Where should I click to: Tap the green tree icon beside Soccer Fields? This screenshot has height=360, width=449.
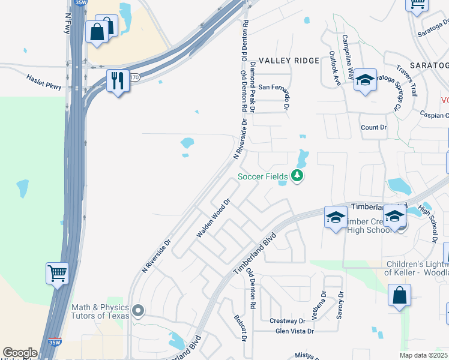[x=297, y=176]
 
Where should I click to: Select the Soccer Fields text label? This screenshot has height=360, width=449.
[x=263, y=176]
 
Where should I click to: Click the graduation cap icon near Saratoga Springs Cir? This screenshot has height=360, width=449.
[x=364, y=80]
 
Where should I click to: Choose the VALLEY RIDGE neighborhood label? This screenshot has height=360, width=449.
[x=281, y=61]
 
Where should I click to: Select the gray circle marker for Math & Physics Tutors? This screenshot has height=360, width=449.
[x=139, y=311]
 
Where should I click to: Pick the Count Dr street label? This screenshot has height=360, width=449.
[x=374, y=128]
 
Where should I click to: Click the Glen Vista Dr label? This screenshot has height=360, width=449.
[x=294, y=331]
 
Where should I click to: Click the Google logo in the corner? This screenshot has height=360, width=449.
[x=20, y=353]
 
